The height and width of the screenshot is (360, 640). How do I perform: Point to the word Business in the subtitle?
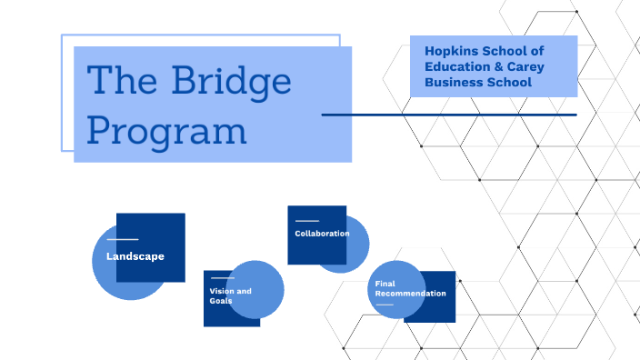click(451, 83)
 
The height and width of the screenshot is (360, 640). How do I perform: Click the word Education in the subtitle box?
click(459, 66)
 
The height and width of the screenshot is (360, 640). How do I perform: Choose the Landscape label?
click(135, 256)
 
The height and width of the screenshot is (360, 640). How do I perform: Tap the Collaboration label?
click(322, 234)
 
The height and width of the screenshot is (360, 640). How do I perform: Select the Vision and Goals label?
click(230, 295)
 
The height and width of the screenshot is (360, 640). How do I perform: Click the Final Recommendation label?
click(410, 289)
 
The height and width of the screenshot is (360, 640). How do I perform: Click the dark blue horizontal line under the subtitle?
click(449, 115)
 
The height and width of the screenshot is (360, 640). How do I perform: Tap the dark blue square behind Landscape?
click(164, 227)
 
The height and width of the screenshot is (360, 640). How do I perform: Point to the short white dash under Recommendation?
click(385, 305)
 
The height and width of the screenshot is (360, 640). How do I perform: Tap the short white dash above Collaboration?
click(307, 221)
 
